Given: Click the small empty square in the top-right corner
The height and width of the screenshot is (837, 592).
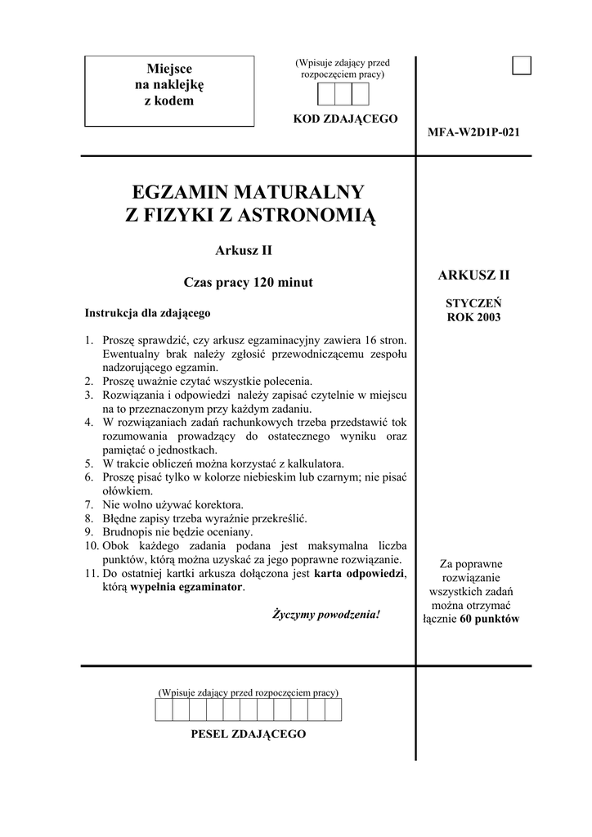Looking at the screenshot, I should (522, 65).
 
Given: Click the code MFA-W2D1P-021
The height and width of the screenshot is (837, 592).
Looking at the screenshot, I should (473, 132).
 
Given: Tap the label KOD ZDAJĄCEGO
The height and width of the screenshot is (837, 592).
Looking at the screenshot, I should (345, 119).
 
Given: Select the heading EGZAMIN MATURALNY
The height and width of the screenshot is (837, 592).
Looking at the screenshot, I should (248, 193).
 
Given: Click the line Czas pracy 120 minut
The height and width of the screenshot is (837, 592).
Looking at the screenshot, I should (248, 283).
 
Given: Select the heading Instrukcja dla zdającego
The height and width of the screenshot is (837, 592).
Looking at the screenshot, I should (148, 312).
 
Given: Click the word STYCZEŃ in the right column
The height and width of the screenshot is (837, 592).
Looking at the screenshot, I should (473, 302).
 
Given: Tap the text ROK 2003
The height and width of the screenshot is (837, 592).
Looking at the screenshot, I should (473, 316).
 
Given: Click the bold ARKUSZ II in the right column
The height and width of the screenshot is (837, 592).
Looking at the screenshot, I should (473, 275).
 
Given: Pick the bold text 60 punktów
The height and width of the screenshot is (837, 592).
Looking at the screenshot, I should (489, 619).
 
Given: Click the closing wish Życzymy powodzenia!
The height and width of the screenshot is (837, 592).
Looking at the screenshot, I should (326, 613).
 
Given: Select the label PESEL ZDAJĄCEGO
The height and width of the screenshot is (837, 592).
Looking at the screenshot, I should (248, 734).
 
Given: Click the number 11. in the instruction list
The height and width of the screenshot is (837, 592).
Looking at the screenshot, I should (92, 574).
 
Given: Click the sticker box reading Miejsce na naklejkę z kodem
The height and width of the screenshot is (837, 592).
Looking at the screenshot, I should (169, 90).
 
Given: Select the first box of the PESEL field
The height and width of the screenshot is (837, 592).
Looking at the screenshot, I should (163, 709).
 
